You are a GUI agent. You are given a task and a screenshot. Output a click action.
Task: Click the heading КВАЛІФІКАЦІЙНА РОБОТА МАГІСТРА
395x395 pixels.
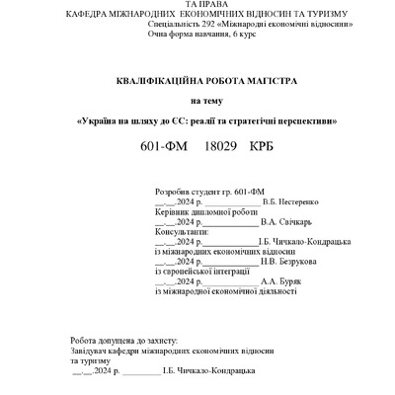[x=206, y=79]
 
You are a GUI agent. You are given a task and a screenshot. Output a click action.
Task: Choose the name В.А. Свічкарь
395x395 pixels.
[x=283, y=220]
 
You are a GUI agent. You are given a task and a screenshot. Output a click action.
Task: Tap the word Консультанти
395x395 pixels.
[x=183, y=231]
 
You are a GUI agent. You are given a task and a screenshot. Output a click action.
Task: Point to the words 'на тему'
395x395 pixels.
[x=207, y=100]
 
